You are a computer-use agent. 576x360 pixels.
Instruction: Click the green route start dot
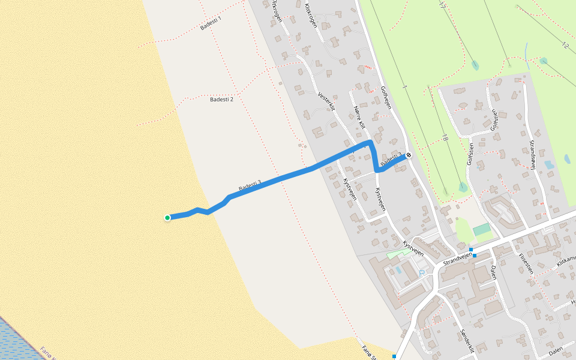(167, 217)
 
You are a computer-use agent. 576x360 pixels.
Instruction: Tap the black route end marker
(409, 155)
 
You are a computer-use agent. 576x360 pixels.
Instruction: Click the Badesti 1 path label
(211, 23)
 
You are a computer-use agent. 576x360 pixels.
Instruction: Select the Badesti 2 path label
(221, 99)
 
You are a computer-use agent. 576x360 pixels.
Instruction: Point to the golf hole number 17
(442, 5)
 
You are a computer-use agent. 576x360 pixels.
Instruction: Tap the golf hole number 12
(565, 45)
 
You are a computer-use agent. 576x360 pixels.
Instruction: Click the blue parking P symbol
(422, 272)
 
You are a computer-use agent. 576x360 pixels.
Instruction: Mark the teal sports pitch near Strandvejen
(481, 229)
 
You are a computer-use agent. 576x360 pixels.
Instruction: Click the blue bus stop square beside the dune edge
(394, 356)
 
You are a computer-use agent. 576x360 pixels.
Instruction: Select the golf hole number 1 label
(405, 88)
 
